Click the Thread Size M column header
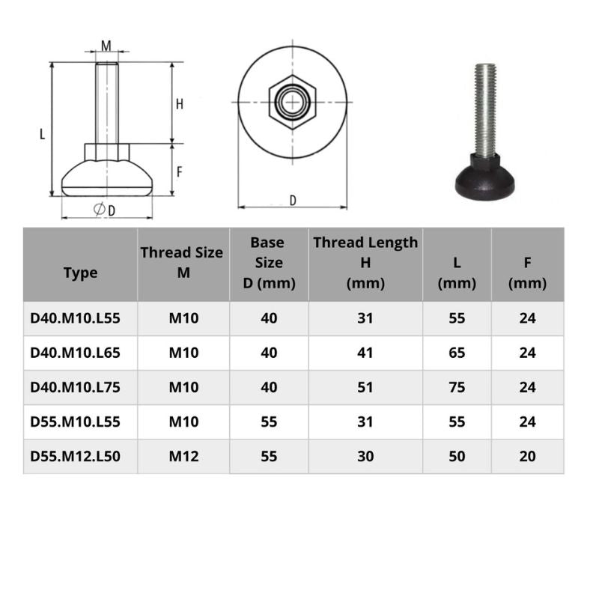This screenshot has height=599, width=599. [x=183, y=262]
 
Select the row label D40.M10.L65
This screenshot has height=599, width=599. [x=75, y=353]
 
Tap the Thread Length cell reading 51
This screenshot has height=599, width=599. [x=365, y=387]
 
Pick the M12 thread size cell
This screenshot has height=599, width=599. [x=183, y=456]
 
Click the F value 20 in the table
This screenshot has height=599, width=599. [x=527, y=456]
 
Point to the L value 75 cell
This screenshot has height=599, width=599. [x=457, y=387]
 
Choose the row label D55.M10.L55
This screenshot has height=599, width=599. [x=75, y=422]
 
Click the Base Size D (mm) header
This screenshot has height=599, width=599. [x=268, y=263]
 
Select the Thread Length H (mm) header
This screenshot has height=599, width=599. [x=365, y=263]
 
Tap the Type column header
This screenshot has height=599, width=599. [x=80, y=273]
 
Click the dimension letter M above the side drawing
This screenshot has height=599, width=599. [x=106, y=46]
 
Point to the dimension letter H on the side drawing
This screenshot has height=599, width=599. [x=180, y=104]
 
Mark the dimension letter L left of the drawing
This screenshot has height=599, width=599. [x=42, y=135]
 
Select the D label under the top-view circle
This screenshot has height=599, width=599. [x=293, y=200]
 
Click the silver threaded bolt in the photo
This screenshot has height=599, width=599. [x=485, y=109]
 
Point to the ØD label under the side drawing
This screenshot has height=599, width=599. [x=105, y=210]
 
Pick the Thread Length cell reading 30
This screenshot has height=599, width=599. [x=365, y=456]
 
